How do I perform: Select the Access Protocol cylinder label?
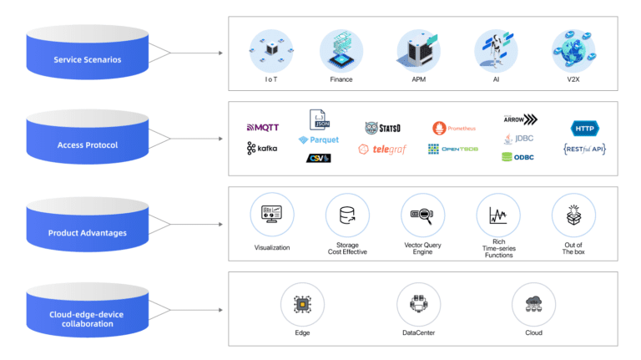(x=88, y=145)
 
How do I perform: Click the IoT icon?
(x=266, y=51)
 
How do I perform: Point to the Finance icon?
(x=340, y=49)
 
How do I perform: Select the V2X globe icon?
(x=573, y=49)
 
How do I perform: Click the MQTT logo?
(x=262, y=128)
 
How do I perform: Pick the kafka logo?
(x=262, y=149)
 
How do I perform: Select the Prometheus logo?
(x=454, y=128)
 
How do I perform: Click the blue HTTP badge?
(x=583, y=128)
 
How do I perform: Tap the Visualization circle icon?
(x=271, y=215)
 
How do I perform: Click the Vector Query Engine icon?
(x=421, y=215)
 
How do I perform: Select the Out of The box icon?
(x=573, y=215)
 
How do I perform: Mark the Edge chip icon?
(x=301, y=303)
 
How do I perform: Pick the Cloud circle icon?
(x=532, y=303)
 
